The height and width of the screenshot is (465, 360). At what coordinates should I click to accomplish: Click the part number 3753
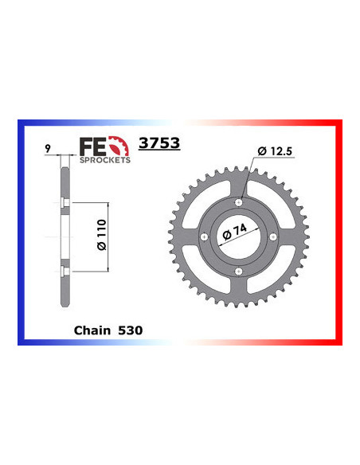[x=159, y=144]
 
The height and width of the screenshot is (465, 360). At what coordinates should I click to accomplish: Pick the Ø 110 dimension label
[x=99, y=237]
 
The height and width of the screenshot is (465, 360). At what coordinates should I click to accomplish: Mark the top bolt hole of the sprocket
[x=239, y=203]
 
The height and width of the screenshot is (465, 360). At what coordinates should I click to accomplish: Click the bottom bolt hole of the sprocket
[x=239, y=272]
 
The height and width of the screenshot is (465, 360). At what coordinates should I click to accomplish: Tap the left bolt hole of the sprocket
[x=205, y=237]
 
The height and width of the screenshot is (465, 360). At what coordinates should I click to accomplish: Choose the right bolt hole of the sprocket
[x=273, y=237]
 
